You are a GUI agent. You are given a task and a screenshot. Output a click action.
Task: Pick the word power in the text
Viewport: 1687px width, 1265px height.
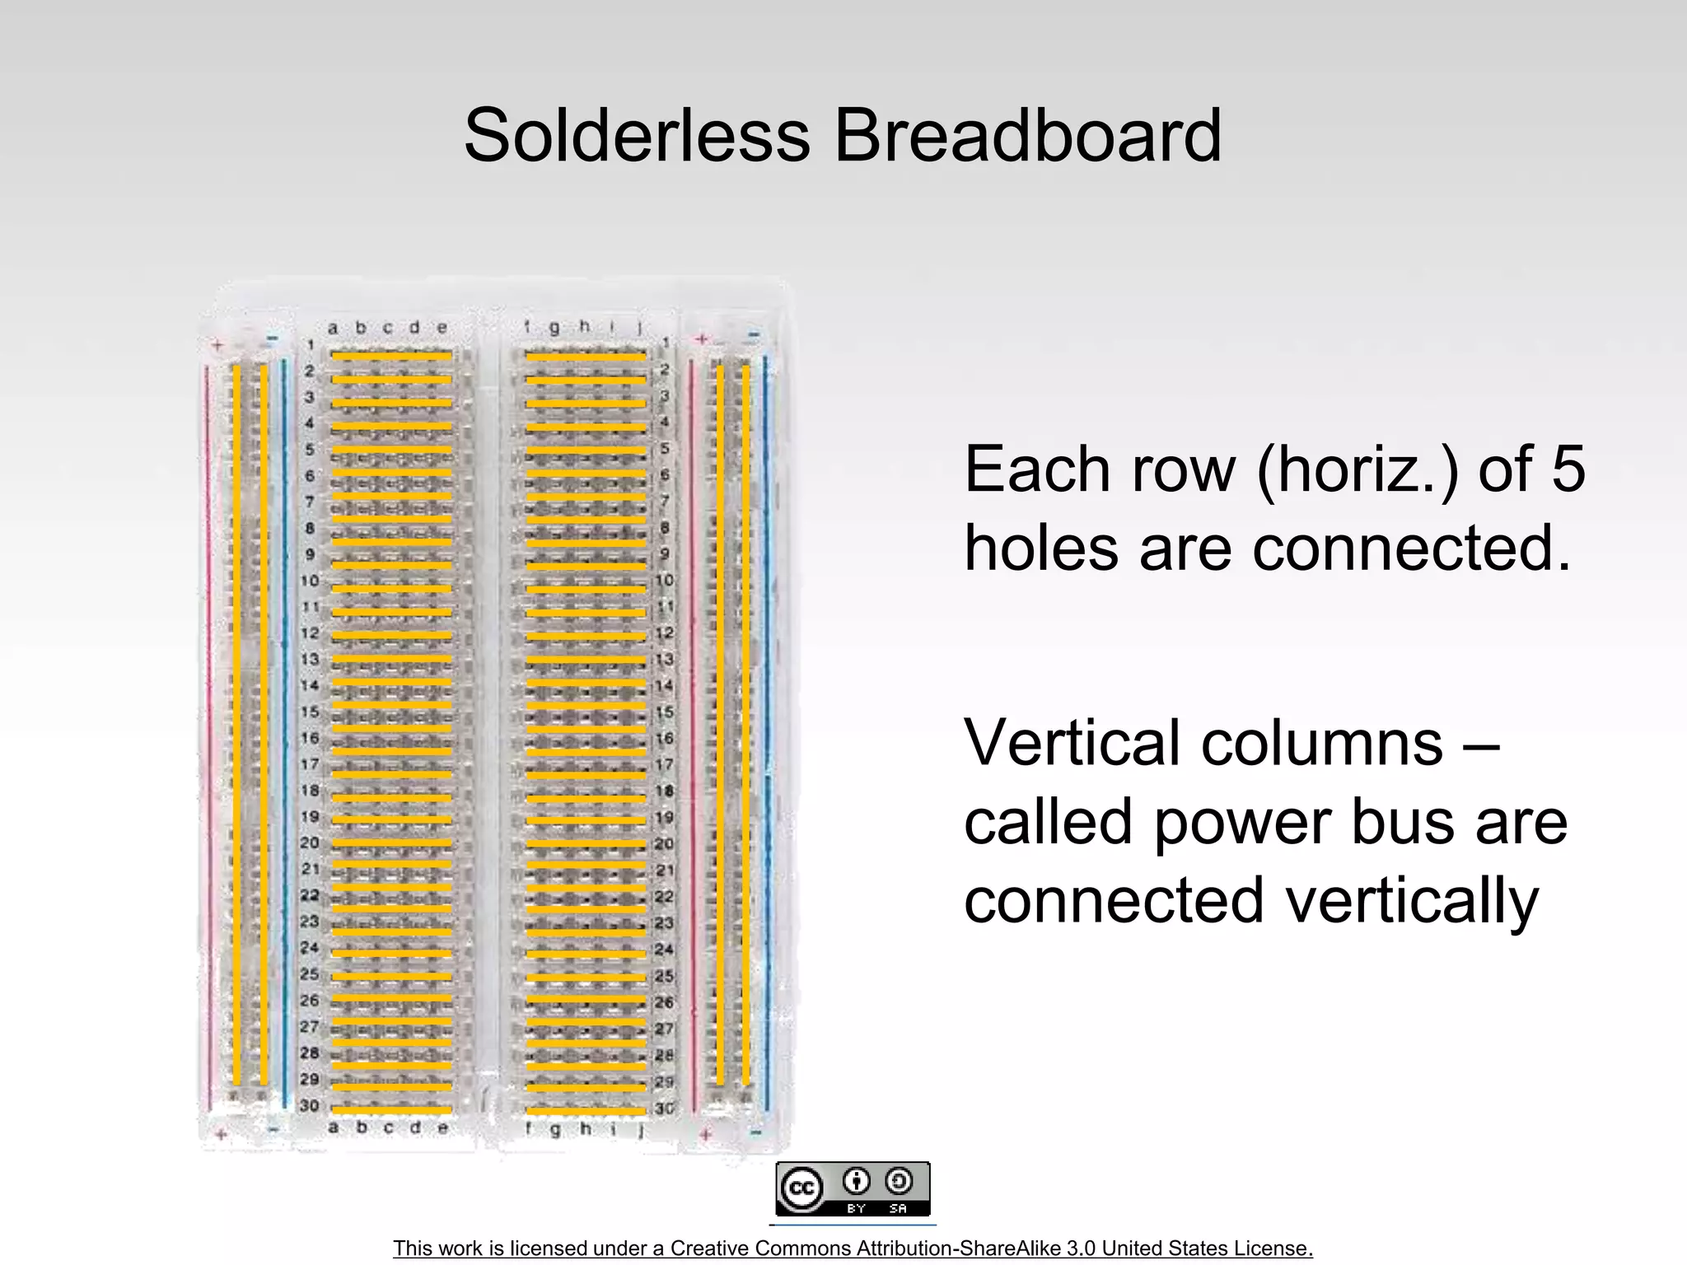pos(1245,824)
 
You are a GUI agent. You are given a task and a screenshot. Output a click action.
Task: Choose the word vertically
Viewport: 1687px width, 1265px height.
pos(1412,902)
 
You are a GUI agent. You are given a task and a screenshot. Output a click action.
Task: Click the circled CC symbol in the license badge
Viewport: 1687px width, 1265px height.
pos(801,1188)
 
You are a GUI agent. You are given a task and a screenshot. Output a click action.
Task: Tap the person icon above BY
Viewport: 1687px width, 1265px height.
pos(857,1182)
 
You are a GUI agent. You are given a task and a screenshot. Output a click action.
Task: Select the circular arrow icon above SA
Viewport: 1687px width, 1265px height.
pos(898,1182)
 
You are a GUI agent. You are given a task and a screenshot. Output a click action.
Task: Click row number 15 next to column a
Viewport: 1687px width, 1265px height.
pos(309,712)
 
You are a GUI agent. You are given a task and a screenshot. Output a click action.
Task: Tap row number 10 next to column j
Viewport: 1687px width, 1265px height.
pos(665,581)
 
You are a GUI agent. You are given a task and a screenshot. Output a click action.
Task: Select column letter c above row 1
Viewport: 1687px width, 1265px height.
pos(387,328)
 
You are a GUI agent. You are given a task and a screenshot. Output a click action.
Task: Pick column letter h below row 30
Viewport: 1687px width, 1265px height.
pos(585,1128)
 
